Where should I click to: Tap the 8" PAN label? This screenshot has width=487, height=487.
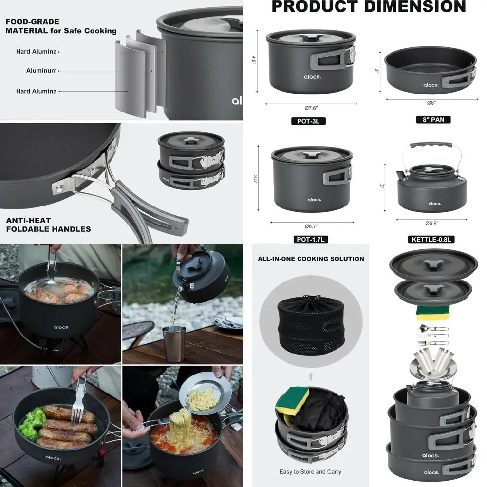click(433, 119)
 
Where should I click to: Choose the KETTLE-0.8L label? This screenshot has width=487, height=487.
click(431, 239)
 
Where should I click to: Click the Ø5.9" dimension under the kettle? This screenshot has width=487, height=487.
click(431, 224)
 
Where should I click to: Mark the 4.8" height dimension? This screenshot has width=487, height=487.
click(254, 59)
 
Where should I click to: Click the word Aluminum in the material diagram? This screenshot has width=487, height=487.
click(41, 71)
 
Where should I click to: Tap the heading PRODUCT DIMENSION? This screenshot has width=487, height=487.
click(368, 7)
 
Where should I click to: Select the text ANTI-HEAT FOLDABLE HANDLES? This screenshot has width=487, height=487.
click(48, 225)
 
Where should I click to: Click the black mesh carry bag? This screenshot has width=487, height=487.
click(311, 324)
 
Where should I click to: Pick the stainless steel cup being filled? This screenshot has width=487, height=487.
click(175, 344)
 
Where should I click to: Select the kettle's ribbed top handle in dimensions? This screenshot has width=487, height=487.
click(431, 145)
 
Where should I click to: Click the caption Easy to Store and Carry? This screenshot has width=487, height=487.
click(310, 471)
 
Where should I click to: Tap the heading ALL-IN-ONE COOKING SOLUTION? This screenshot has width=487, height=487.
click(311, 259)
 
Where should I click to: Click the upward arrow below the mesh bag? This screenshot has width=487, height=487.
click(311, 376)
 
